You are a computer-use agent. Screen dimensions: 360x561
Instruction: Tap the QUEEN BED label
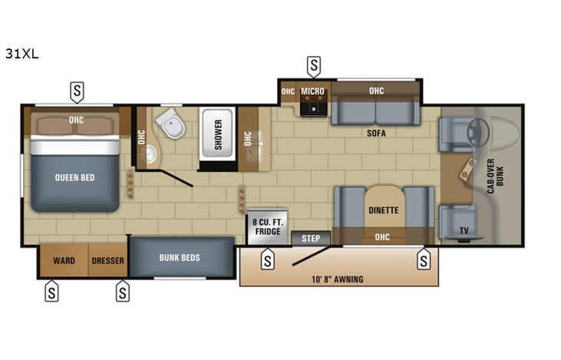pos(74,177)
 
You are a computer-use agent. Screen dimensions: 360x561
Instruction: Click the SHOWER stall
pos(218,134)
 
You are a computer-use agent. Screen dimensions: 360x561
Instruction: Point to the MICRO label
pos(312,91)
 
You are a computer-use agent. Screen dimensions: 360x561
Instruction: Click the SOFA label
pos(375,133)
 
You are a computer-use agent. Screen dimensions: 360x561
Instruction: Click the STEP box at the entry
pos(311,238)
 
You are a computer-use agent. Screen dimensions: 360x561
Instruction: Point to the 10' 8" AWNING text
pos(338,279)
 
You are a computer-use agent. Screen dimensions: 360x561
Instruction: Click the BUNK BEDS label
pos(180,258)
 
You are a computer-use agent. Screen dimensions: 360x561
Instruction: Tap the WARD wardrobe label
pos(64,260)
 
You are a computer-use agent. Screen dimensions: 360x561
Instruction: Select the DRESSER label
pos(107,260)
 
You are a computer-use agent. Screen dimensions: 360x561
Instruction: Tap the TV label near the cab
pos(463,230)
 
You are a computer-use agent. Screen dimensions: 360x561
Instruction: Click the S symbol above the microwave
pos(313,66)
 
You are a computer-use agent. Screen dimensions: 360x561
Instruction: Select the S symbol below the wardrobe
pos(51,291)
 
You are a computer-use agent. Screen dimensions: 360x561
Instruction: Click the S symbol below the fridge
pos(267,260)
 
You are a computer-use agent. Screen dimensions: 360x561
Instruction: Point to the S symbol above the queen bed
pos(77,92)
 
